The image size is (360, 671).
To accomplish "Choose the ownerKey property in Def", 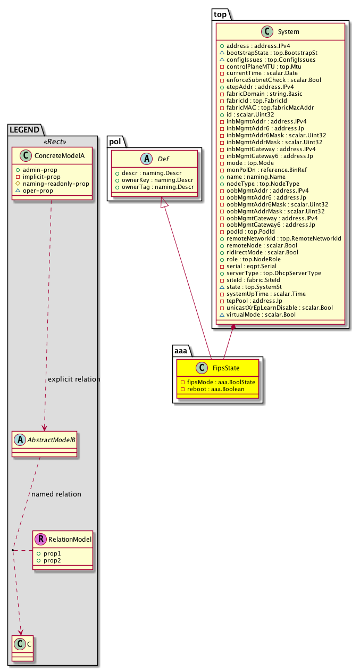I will point(151,180).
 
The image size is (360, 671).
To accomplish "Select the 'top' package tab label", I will point(221,15).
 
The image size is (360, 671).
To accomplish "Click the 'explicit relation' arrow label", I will point(74,379).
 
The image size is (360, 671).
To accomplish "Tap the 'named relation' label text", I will point(56,494).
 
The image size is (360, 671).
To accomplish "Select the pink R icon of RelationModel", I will point(41,540).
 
